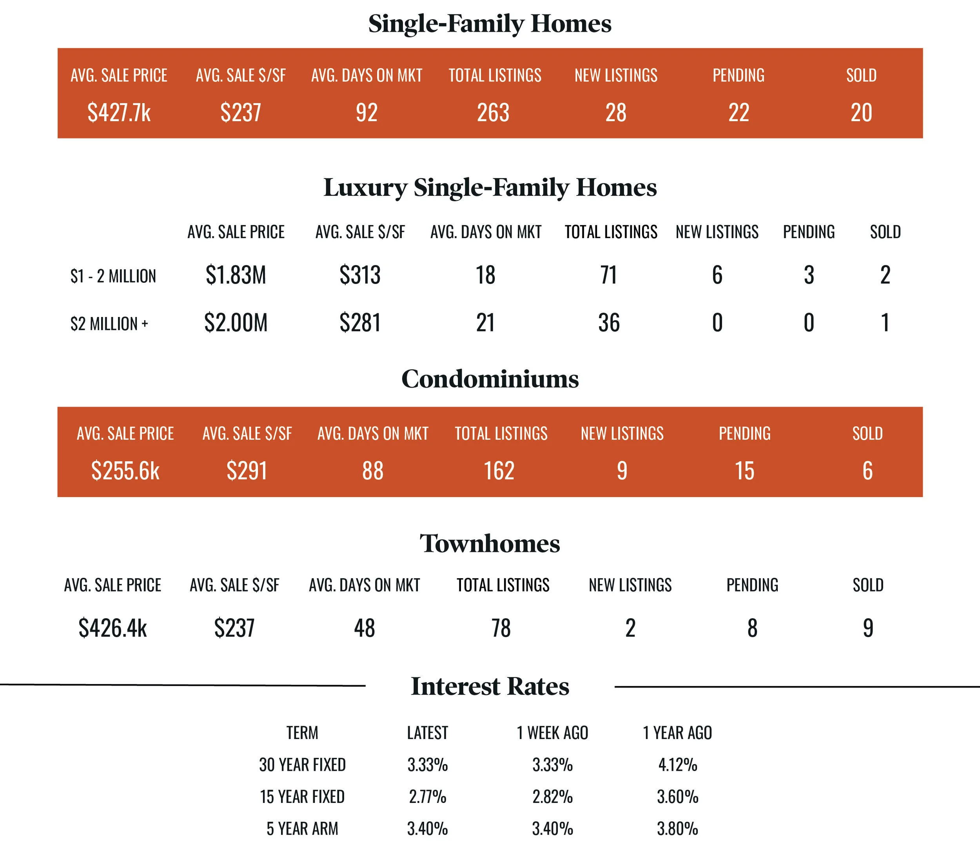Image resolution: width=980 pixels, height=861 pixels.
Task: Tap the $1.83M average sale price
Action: [236, 275]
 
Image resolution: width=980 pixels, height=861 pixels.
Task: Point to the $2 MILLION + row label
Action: [109, 324]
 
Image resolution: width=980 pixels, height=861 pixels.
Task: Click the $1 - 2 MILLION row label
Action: [113, 276]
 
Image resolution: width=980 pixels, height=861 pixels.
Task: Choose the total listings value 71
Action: [608, 275]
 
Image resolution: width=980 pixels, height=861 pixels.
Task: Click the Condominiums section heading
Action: [490, 379]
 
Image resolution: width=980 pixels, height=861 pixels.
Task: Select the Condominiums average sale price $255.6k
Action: [125, 471]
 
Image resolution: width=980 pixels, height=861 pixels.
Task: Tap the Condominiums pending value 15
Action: [744, 471]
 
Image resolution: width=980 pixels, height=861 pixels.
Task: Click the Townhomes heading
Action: [490, 543]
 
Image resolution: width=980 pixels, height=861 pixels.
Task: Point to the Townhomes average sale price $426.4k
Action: [113, 628]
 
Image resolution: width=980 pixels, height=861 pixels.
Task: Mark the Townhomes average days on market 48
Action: [365, 628]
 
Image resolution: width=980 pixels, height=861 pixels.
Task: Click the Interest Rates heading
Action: [490, 686]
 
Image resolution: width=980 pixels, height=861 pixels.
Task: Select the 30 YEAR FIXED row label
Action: [303, 765]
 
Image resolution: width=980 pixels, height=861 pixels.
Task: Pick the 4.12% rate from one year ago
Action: [677, 765]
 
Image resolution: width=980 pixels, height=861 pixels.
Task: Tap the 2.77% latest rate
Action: [427, 797]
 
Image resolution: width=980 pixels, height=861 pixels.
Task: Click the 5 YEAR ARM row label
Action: [303, 828]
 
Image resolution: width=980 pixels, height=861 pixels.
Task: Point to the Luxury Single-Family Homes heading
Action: [490, 187]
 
